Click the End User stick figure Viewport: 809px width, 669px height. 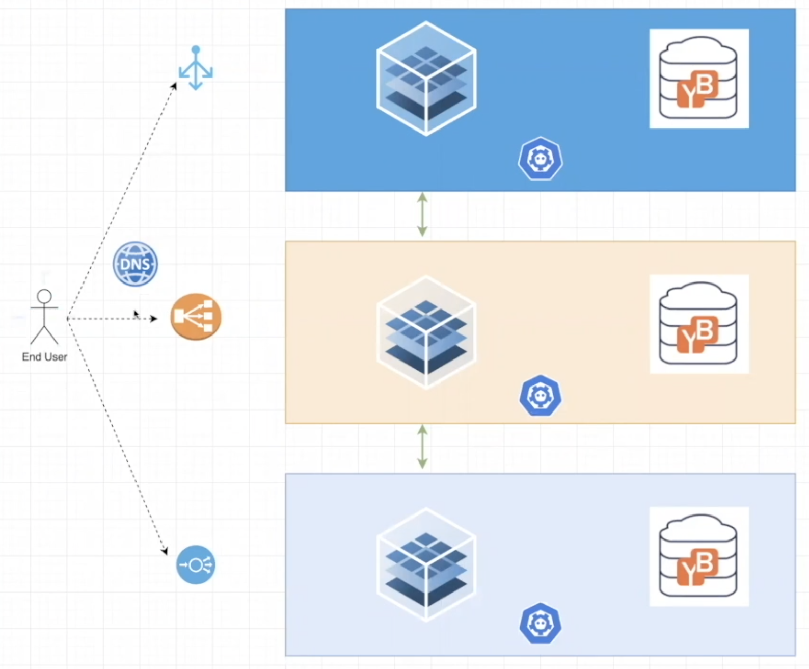point(44,317)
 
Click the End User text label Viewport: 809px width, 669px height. point(44,357)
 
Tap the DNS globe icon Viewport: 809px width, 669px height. point(135,264)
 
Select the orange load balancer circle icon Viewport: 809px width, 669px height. point(196,317)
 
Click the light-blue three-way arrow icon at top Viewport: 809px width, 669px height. point(196,68)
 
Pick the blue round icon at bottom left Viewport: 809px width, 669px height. point(196,564)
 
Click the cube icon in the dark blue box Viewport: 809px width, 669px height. point(426,79)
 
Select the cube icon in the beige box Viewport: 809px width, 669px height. point(426,332)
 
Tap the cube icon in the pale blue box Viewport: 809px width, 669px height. point(426,564)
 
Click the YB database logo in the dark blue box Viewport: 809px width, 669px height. point(698,79)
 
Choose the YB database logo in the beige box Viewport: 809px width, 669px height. point(698,324)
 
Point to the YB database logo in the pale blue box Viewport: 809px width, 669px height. point(698,556)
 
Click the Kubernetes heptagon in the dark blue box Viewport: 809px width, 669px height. point(541,159)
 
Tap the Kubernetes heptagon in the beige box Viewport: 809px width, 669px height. point(541,396)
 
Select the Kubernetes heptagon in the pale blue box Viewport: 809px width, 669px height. point(541,624)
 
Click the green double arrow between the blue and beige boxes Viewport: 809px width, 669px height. point(422,215)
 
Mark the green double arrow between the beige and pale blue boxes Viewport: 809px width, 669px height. point(422,447)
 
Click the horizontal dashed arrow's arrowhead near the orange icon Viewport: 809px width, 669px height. point(153,319)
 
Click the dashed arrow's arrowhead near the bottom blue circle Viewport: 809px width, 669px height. point(165,551)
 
